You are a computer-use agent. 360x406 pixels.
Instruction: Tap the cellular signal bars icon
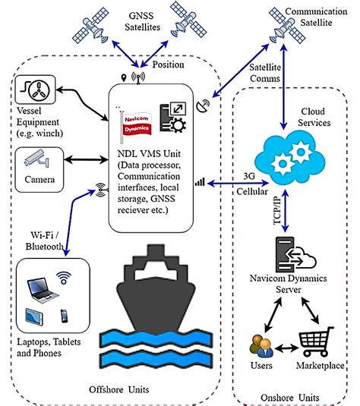200,182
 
